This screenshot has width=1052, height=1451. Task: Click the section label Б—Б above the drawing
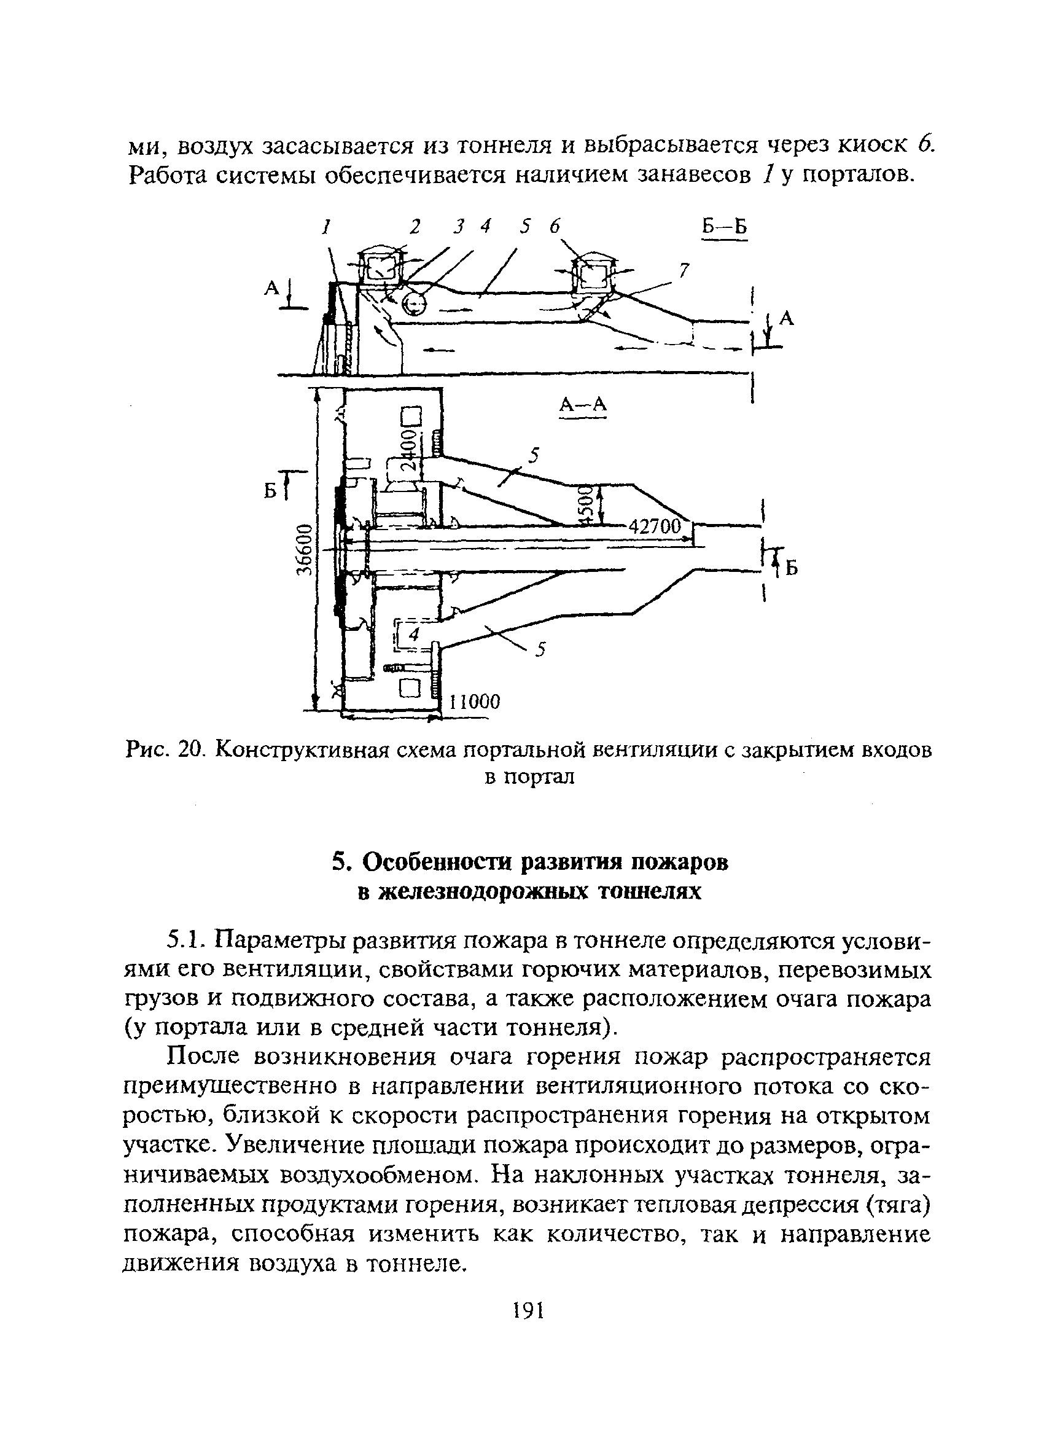724,228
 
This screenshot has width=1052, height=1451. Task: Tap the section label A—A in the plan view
583,404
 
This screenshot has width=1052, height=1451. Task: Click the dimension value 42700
655,527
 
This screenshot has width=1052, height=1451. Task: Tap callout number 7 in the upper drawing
684,272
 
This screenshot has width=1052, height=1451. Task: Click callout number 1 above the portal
326,226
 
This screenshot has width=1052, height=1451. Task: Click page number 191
528,1310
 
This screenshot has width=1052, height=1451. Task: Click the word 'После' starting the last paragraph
202,1058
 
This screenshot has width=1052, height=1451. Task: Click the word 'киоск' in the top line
872,146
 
